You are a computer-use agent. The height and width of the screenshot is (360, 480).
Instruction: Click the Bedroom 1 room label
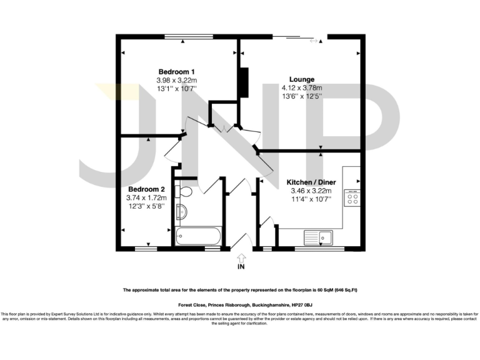177,71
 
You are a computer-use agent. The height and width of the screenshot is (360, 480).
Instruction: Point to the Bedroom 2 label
147,189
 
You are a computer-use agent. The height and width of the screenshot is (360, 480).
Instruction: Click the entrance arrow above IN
242,257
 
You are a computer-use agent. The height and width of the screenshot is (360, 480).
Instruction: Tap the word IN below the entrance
242,267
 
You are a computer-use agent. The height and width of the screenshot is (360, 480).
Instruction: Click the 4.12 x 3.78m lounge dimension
302,88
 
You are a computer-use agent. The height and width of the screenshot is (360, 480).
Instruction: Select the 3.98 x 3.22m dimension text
177,80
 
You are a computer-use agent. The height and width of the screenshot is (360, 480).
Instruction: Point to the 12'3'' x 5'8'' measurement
147,207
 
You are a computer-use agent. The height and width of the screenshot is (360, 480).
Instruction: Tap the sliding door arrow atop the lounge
313,42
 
